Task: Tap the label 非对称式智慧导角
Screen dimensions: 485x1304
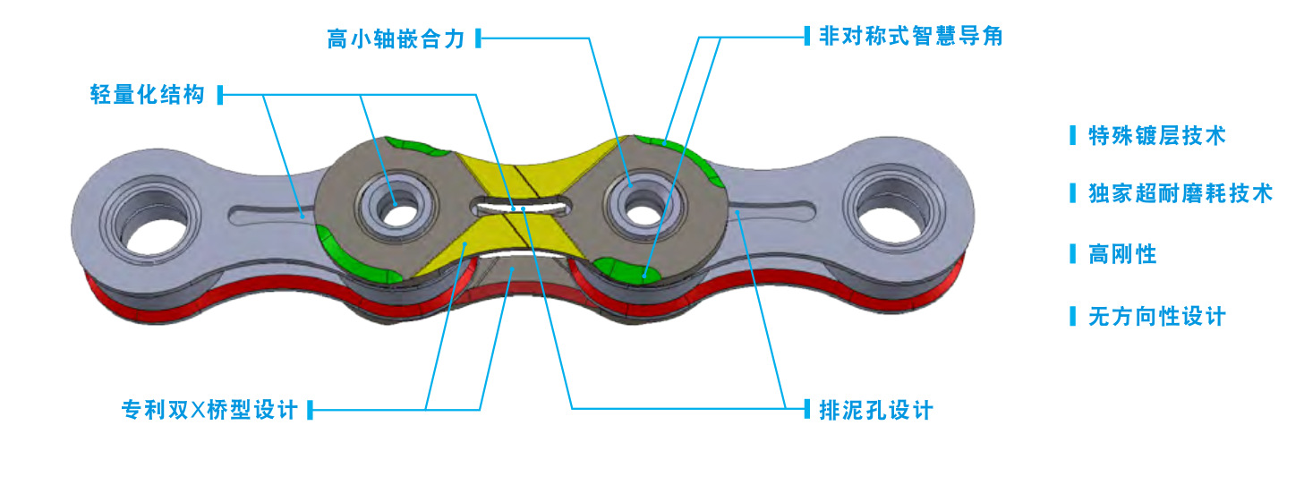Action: [909, 36]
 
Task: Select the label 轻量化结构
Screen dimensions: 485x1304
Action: [147, 94]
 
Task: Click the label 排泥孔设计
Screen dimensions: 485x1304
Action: [875, 410]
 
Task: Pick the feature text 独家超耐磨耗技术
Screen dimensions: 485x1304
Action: [1180, 193]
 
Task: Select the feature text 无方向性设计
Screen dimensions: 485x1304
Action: [1156, 316]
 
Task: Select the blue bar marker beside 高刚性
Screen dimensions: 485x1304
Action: [1073, 254]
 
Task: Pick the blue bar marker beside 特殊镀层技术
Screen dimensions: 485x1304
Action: [1073, 136]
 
